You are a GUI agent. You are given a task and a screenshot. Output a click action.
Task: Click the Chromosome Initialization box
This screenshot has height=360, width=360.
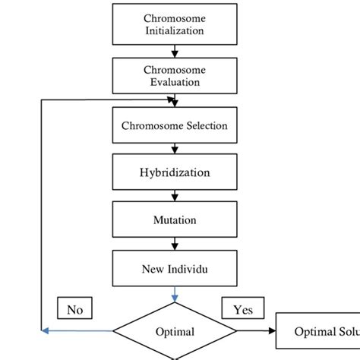pos(175,24)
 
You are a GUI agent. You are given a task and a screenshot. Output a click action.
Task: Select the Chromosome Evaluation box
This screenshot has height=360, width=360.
pos(175,75)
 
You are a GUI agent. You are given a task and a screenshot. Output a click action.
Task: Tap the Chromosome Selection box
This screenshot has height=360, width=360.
pos(175,125)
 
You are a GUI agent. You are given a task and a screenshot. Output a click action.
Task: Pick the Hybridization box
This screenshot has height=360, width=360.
pos(175,172)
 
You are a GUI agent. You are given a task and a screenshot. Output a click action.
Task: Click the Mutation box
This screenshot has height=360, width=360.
pos(175,220)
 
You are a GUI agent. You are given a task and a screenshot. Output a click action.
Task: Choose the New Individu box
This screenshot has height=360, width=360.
pos(175,268)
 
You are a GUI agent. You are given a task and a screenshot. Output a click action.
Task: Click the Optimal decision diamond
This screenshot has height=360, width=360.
pos(175,331)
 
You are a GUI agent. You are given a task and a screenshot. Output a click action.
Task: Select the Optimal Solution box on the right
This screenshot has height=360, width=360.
pos(319,331)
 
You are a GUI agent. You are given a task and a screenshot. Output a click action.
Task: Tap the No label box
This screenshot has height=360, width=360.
pos(74,308)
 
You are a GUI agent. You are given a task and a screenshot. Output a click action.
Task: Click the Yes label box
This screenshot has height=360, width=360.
pos(242,308)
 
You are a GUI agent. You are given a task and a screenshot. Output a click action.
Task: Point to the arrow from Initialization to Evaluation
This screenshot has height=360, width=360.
pos(175,51)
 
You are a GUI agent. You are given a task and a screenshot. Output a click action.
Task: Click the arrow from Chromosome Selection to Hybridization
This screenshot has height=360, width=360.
pos(175,149)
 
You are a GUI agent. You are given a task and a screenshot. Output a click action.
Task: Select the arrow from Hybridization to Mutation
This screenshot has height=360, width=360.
pos(175,196)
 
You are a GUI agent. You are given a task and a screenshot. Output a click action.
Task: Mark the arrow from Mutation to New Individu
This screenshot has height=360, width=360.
pos(175,244)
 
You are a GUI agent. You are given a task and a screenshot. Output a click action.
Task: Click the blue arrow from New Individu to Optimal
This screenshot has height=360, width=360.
pos(175,295)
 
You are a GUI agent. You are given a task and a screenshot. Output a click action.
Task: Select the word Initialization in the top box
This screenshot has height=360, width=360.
pos(175,30)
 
